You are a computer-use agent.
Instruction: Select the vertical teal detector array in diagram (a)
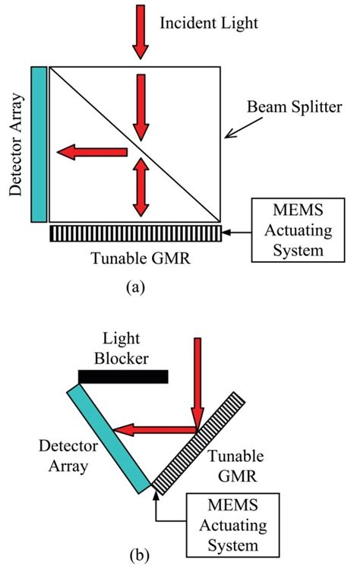(x=39, y=144)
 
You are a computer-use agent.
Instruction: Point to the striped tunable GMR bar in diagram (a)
(x=135, y=233)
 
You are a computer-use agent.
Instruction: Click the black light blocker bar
(x=122, y=375)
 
